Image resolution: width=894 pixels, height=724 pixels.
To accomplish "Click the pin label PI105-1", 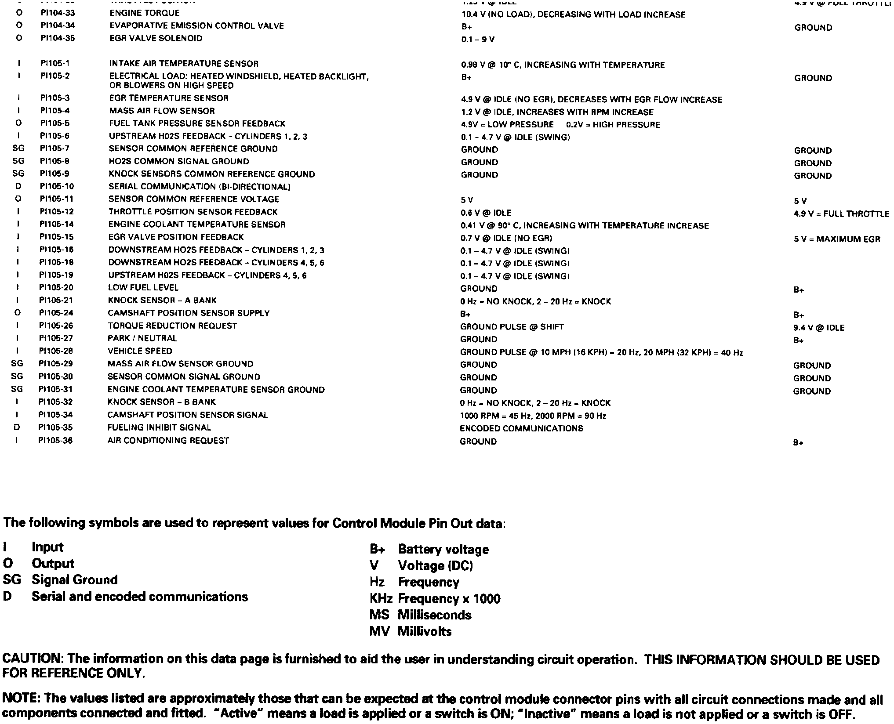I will [55, 63].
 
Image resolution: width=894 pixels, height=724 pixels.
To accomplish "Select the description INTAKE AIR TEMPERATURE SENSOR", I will [184, 64].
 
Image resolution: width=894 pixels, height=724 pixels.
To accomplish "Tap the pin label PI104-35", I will [58, 38].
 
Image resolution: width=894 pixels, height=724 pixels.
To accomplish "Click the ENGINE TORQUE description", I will [145, 13].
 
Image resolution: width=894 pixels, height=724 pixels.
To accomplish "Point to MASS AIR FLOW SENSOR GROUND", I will [180, 364].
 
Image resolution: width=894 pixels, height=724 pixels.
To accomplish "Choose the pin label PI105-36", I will [55, 440].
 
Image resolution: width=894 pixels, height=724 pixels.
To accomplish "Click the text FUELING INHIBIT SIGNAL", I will [159, 427].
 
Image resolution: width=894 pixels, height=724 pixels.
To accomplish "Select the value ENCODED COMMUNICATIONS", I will [521, 428].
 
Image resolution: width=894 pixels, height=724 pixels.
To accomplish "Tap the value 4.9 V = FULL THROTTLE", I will [841, 214].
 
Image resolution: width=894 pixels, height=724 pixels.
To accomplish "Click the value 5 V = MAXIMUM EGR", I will [837, 239].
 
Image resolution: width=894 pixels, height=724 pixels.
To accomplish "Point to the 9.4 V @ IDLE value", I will [818, 328].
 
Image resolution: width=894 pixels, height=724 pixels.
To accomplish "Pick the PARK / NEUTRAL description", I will [142, 338].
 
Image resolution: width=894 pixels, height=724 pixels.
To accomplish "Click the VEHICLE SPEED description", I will [140, 351].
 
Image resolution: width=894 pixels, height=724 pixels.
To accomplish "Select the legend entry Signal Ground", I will [74, 580].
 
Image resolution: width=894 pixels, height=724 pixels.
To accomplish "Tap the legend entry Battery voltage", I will [443, 549].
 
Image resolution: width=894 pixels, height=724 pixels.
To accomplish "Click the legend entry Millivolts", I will [424, 631].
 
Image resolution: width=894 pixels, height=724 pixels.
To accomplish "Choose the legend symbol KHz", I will [381, 599].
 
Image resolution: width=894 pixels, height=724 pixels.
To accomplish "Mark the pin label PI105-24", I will [56, 313].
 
